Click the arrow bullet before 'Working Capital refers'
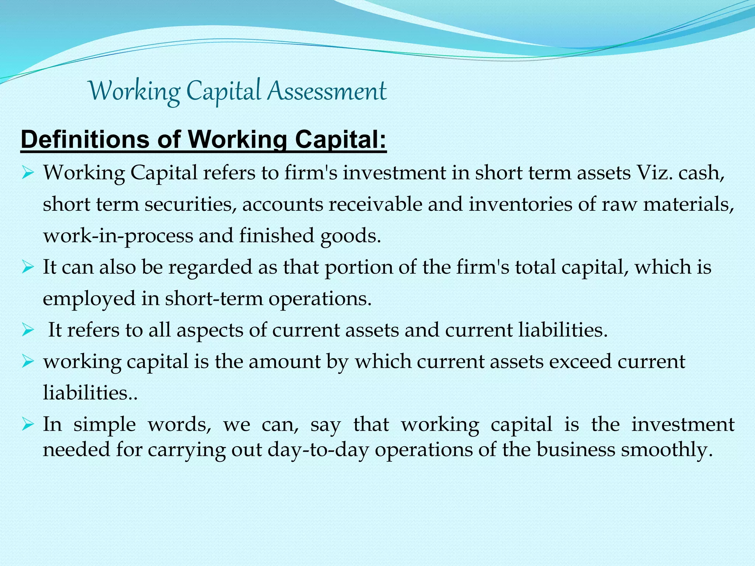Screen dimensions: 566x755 [28, 172]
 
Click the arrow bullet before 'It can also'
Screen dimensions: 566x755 [28, 267]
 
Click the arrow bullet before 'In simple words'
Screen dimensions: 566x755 [28, 424]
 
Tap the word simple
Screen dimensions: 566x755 [105, 424]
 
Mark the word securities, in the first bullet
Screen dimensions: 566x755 [190, 204]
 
